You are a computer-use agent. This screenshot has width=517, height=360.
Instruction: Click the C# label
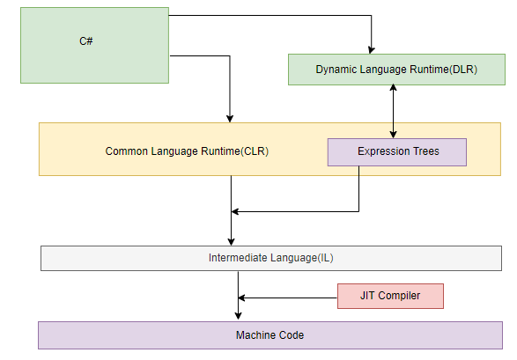[x=86, y=41]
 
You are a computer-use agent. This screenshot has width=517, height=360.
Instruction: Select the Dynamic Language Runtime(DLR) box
[x=396, y=70]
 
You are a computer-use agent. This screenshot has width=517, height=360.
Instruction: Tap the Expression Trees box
[x=397, y=152]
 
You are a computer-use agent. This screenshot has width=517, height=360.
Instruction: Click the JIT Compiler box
[x=390, y=296]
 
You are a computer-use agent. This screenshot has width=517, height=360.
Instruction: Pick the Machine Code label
[x=270, y=335]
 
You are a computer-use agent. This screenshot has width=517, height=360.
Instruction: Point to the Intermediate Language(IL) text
[x=271, y=258]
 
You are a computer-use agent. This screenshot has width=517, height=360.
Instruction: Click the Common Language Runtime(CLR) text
[x=187, y=151]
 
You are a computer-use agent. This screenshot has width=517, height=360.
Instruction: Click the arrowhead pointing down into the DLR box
[x=372, y=50]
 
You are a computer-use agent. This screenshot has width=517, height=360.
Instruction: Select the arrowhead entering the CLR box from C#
[x=230, y=119]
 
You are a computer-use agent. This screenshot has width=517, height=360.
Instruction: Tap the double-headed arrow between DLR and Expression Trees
[x=393, y=111]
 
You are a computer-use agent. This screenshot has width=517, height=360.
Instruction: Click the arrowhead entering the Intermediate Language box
[x=231, y=242]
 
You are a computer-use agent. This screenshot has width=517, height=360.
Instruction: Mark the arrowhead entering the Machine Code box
[x=238, y=315]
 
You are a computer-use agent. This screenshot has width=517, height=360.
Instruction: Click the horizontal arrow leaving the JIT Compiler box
[x=287, y=298]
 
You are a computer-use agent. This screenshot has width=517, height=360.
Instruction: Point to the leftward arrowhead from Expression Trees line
[x=235, y=211]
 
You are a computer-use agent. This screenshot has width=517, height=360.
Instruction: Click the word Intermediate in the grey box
[x=238, y=258]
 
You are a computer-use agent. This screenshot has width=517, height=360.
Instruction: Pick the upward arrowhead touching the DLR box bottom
[x=393, y=88]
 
